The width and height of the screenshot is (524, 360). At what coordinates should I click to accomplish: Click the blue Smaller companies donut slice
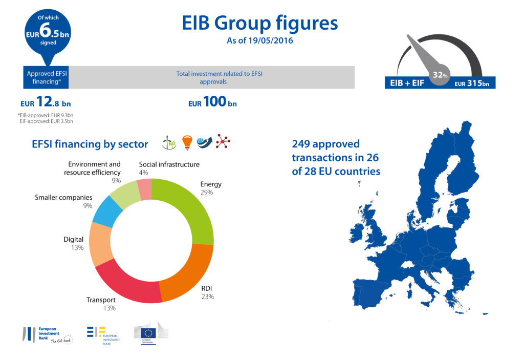tap(106, 210)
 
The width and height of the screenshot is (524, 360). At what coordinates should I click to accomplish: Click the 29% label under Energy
tap(207, 193)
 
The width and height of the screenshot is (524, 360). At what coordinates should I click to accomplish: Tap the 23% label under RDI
tap(207, 297)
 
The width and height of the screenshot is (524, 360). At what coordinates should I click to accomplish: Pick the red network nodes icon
tap(223, 141)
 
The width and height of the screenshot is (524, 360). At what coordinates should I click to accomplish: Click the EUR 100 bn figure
tap(212, 102)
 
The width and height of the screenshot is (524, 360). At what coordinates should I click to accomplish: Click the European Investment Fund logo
tap(102, 335)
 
